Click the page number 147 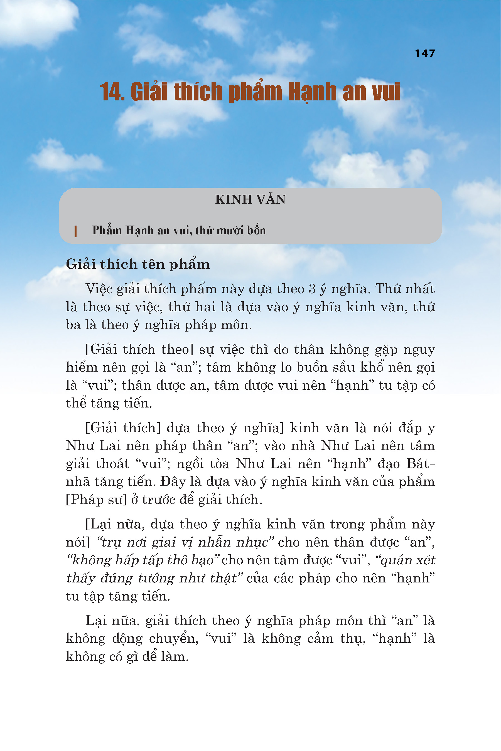(x=425, y=53)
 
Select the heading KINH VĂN (x=250, y=199)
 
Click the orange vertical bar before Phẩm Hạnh (x=75, y=231)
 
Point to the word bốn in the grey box (x=256, y=230)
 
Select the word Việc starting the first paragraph (x=99, y=289)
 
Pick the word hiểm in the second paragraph (x=82, y=367)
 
